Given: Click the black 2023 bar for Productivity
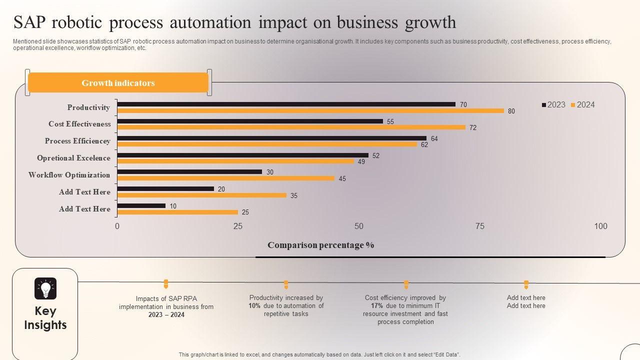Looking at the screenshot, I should (x=286, y=104).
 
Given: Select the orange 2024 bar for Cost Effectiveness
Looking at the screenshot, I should (x=291, y=127).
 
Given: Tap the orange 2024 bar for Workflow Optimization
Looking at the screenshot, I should (x=225, y=178).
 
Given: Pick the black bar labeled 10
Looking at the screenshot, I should (x=141, y=205).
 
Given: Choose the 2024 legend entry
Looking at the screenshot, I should (x=583, y=104).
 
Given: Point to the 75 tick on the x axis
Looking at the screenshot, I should (x=480, y=226).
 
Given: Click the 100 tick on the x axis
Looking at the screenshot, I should (x=600, y=226).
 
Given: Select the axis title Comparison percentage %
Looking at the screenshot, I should (x=320, y=245).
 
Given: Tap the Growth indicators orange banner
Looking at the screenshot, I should (x=118, y=83).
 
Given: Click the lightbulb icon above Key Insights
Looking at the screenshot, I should (x=45, y=288).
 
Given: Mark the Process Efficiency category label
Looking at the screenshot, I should (x=77, y=141).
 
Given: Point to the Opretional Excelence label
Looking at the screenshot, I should (x=73, y=158).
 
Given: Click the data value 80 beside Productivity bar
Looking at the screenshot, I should (x=511, y=111).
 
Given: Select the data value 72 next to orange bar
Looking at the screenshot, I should (x=473, y=128).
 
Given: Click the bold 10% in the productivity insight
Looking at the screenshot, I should (x=254, y=306).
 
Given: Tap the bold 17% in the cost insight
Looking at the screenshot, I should (x=377, y=306).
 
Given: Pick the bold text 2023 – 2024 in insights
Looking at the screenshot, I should (x=166, y=315).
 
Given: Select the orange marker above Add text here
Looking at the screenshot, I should (x=526, y=284).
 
